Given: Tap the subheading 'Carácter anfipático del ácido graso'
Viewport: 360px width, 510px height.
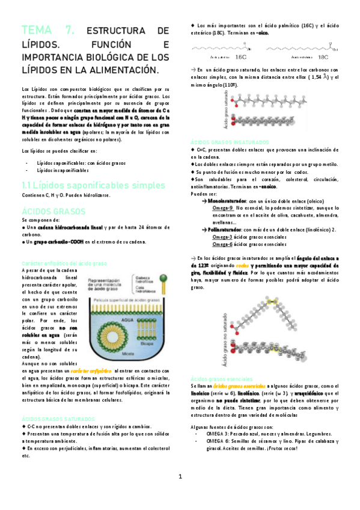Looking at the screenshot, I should (x=64, y=263).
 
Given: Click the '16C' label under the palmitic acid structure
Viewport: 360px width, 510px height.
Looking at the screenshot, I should (x=240, y=58).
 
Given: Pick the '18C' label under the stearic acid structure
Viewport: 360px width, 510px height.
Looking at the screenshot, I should (x=323, y=58).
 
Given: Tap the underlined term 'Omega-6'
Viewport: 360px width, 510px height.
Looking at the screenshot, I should (x=222, y=244).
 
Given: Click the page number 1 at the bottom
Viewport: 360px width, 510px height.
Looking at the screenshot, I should (x=180, y=476).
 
